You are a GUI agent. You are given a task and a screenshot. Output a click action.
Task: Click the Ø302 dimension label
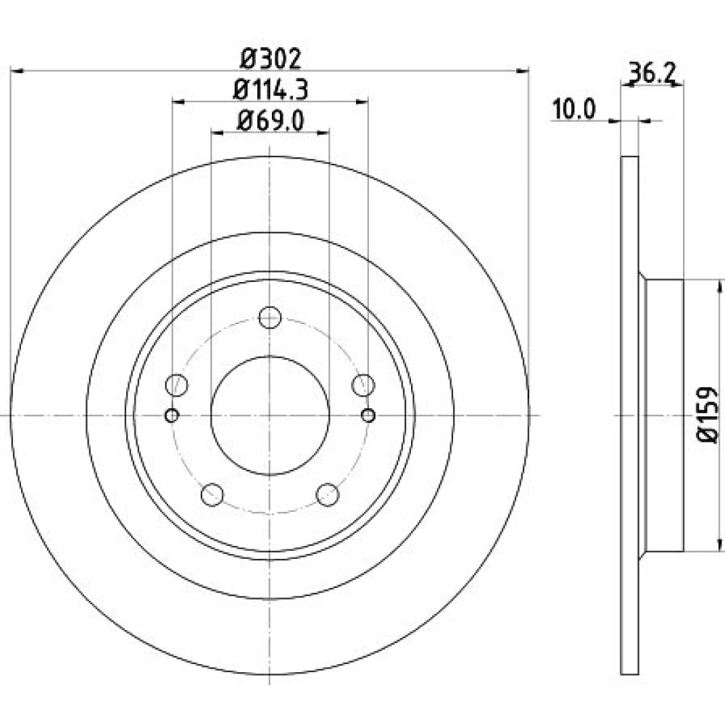271,59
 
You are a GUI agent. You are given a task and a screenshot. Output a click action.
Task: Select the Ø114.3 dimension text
270,90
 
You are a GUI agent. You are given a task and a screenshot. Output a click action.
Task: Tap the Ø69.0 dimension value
270,121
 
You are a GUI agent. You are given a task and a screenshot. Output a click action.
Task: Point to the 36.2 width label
652,73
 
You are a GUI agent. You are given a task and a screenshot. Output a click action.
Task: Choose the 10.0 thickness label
573,109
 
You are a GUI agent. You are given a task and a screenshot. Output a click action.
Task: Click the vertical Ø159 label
708,415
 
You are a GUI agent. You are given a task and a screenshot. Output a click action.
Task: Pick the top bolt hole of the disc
270,318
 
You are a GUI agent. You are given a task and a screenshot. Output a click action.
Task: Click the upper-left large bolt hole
177,385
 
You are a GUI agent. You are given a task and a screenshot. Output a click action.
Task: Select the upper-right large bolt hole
363,385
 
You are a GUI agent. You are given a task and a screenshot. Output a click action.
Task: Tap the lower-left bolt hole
212,494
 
